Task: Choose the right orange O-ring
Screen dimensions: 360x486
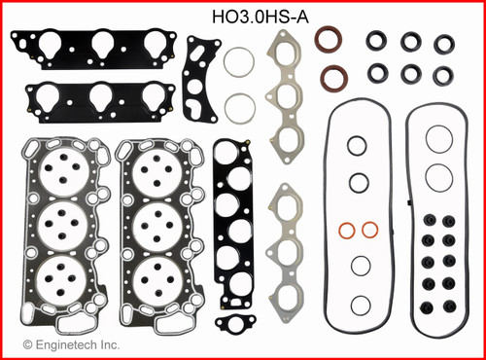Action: point(368,231)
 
